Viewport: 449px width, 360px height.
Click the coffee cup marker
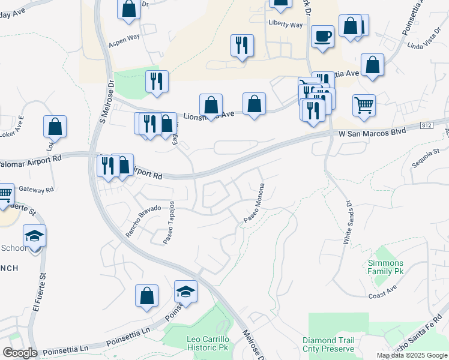pos(322,36)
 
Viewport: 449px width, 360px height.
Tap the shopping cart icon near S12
pos(364,106)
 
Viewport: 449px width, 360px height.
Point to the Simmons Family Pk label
pos(385,268)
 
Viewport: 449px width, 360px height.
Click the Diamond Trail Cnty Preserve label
pos(328,344)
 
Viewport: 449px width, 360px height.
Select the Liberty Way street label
pos(286,25)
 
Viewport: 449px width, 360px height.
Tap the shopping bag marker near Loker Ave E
pos(55,127)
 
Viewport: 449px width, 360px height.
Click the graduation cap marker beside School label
pos(35,236)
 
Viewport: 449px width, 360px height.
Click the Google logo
pos(20,353)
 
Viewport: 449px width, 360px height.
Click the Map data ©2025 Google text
pos(412,355)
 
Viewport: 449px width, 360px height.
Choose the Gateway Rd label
pos(36,189)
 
